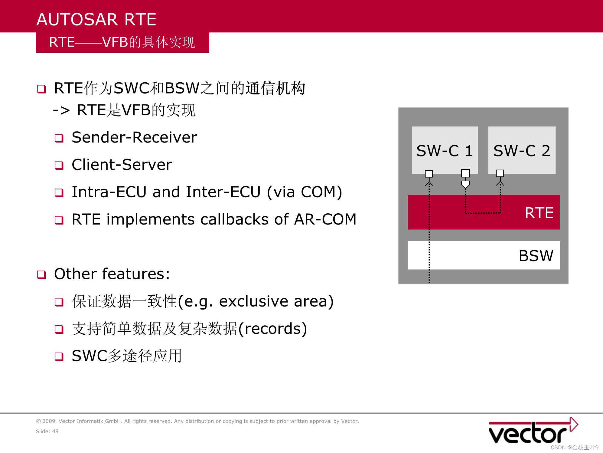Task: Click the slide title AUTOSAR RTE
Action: [x=96, y=19]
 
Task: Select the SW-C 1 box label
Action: [x=445, y=151]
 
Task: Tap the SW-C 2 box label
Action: [x=522, y=151]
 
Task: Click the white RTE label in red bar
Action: [x=539, y=213]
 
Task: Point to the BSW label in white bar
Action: [x=536, y=256]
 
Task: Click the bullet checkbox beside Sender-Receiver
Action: [x=59, y=138]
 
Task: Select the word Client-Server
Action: [x=122, y=165]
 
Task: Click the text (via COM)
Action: [x=304, y=192]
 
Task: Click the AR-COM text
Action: [x=325, y=219]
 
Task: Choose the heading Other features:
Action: [x=112, y=274]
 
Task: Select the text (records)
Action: [x=272, y=329]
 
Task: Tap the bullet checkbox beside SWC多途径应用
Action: [x=59, y=356]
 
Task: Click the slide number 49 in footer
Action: [x=55, y=431]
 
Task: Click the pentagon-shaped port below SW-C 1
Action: [x=465, y=184]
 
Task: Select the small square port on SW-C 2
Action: [x=500, y=173]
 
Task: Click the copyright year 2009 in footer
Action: [x=49, y=421]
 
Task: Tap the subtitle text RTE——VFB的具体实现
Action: [x=122, y=42]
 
